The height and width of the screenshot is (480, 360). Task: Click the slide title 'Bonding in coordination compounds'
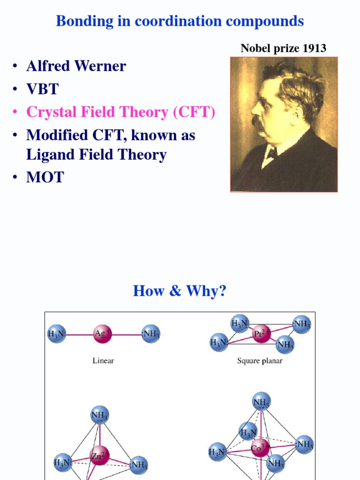point(180,21)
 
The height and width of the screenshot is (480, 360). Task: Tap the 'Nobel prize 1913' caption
point(283,48)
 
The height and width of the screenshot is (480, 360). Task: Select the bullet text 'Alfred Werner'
point(76,66)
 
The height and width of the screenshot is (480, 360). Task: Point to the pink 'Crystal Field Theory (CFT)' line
point(120,112)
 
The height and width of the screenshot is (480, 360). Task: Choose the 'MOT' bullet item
point(45,177)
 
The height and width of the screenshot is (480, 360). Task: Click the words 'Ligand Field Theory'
point(96,155)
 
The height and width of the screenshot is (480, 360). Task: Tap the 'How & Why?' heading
point(180,291)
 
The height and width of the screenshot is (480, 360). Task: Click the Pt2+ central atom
point(261,335)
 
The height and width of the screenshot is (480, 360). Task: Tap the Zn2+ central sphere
point(99,455)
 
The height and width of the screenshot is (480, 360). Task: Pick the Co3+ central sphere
point(261,448)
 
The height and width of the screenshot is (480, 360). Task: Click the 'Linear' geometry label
point(103,361)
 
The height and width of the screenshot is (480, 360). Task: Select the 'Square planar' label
point(260,361)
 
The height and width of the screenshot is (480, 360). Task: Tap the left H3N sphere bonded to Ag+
point(57,334)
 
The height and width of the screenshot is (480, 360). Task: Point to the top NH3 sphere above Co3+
point(261,402)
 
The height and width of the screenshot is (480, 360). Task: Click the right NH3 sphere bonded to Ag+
point(150,334)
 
